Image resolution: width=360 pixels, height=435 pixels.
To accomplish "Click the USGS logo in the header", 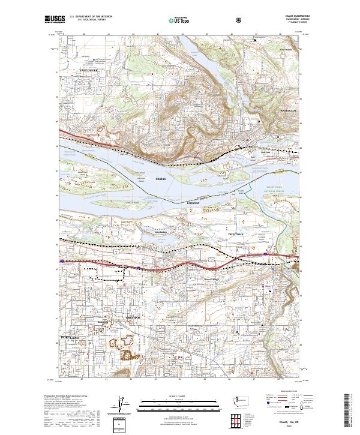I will (55, 20).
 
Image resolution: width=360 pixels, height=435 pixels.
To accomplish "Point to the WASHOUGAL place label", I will (288, 111).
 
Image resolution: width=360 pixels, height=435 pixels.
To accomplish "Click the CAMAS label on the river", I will (160, 179).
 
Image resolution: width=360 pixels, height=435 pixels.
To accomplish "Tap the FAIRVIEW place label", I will (193, 203).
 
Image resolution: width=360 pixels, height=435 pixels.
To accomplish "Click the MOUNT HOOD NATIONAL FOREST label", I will (278, 189).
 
